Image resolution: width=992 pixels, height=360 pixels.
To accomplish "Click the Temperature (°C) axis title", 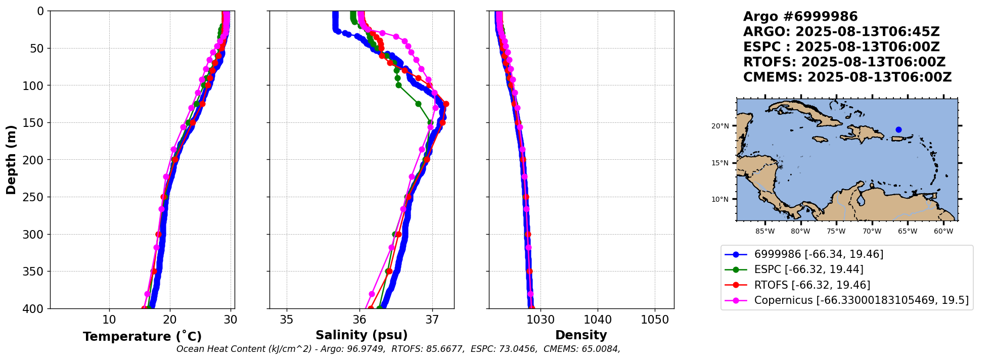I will coord(142,336).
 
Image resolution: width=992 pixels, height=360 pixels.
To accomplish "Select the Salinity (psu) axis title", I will coord(362,335).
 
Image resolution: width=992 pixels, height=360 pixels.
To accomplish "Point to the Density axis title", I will coord(581,335).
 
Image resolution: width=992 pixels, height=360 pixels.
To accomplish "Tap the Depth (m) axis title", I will coord(11,160).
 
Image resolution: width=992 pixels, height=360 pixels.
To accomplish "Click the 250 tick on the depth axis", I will coord(37,197).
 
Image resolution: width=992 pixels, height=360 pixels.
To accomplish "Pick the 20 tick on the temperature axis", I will coord(170,320).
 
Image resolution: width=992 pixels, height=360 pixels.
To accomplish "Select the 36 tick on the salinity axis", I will coord(359,320).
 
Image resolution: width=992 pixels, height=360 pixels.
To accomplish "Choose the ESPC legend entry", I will coord(808,269).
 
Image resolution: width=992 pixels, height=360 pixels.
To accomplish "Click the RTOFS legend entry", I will coord(812,285).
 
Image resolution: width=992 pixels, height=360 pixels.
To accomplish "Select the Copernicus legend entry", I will coord(861,300).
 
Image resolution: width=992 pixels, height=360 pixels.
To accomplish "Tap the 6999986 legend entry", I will coord(819,254).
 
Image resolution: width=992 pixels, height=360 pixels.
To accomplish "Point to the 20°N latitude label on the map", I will coord(720,126).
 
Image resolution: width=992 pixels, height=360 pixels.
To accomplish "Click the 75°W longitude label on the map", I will coord(836,232).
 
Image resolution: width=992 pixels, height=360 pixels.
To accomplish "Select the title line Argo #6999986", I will coord(800,17).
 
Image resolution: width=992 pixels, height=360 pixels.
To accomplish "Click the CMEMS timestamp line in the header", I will coord(847,77).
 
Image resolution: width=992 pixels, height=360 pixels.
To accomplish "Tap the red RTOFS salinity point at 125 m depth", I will coord(445,104).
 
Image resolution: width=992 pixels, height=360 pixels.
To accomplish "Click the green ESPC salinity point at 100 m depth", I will coord(398,85).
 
